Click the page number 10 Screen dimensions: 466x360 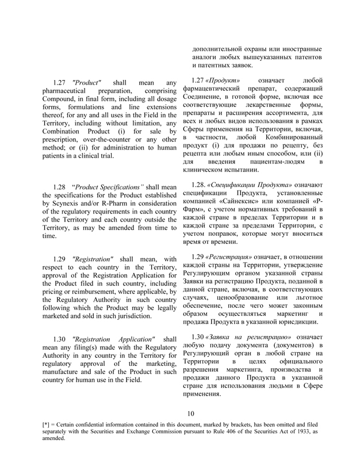click(192, 413)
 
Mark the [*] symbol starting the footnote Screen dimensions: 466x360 click(47, 425)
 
